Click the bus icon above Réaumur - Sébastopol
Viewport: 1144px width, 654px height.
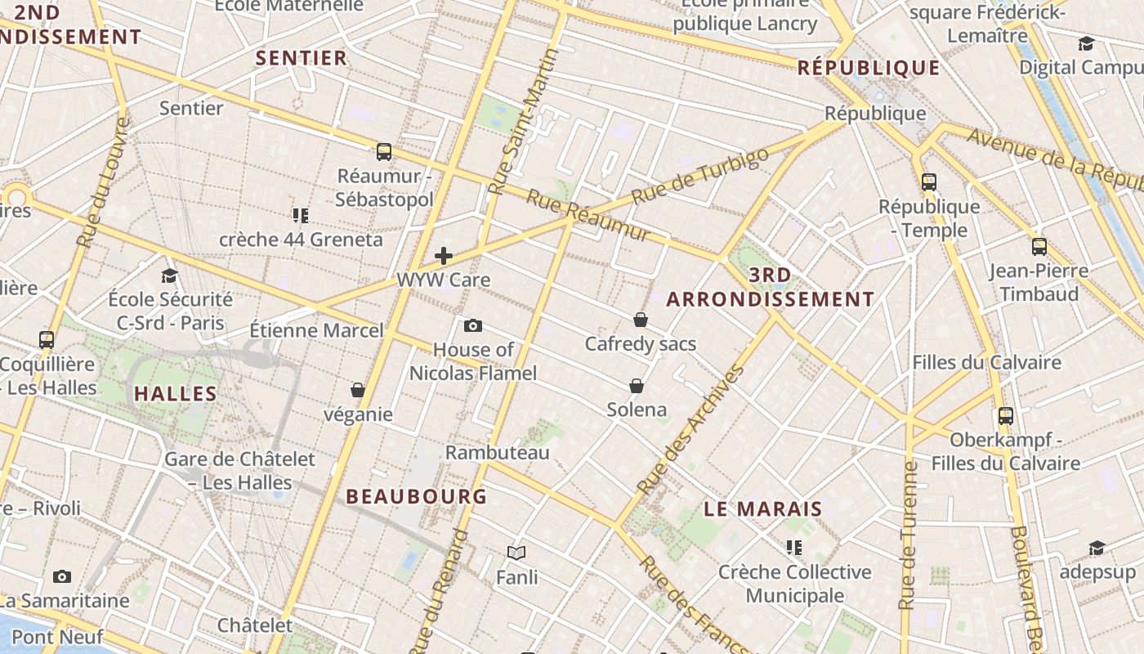pyautogui.click(x=383, y=151)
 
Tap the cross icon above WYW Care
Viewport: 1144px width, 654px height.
pyautogui.click(x=444, y=256)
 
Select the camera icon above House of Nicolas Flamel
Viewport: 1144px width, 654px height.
pyautogui.click(x=472, y=326)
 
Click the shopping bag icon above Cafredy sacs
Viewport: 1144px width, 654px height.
pyautogui.click(x=641, y=319)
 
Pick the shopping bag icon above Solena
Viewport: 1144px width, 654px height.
pyautogui.click(x=637, y=385)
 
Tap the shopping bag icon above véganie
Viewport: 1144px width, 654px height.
pyautogui.click(x=357, y=390)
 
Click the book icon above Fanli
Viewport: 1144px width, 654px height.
pyautogui.click(x=516, y=553)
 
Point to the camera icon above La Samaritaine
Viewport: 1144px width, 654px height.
pyautogui.click(x=62, y=576)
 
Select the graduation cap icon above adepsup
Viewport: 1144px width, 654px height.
pyautogui.click(x=1097, y=548)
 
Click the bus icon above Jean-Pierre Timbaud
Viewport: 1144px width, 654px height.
pyautogui.click(x=1039, y=246)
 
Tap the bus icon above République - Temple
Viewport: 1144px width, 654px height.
pyautogui.click(x=928, y=181)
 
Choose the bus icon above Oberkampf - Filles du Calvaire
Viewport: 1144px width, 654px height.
pyautogui.click(x=1006, y=415)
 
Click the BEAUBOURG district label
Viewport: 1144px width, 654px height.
pyautogui.click(x=416, y=496)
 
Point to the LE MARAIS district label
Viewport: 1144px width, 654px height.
pyautogui.click(x=762, y=508)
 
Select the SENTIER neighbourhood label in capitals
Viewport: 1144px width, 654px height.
pyautogui.click(x=302, y=58)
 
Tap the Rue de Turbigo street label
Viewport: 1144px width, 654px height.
pyautogui.click(x=700, y=175)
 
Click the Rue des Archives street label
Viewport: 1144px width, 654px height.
pyautogui.click(x=690, y=430)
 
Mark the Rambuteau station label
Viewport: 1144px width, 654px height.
pyautogui.click(x=498, y=452)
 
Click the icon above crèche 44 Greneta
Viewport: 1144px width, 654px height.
pyautogui.click(x=300, y=216)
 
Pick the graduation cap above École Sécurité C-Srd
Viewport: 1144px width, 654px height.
pyautogui.click(x=170, y=275)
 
